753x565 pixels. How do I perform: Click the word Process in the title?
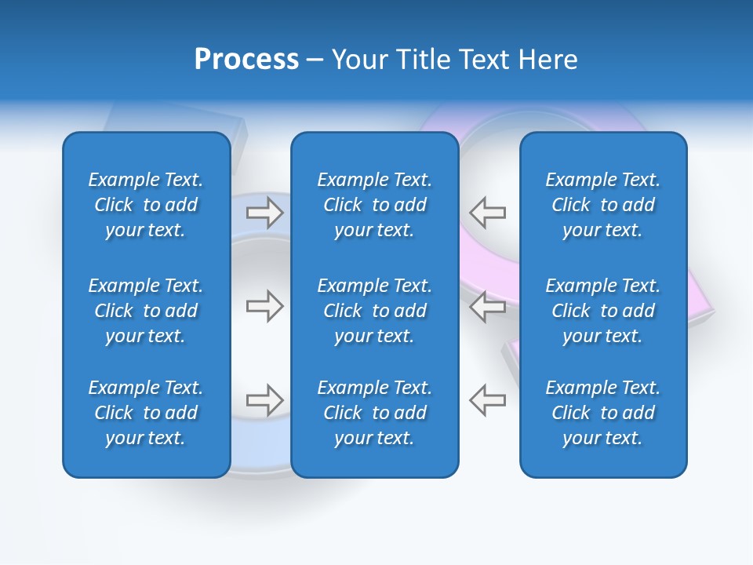pyautogui.click(x=246, y=60)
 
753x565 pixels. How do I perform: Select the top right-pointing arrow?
pyautogui.click(x=264, y=213)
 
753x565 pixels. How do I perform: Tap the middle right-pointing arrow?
pyautogui.click(x=264, y=306)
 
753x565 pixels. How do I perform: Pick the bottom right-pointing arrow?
pyautogui.click(x=264, y=400)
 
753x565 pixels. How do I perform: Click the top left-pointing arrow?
pyautogui.click(x=487, y=213)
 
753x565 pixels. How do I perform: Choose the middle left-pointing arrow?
pyautogui.click(x=487, y=306)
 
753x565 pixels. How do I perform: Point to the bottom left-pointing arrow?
pyautogui.click(x=487, y=400)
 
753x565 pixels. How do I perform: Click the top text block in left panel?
pyautogui.click(x=146, y=205)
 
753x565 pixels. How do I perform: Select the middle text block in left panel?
pyautogui.click(x=146, y=311)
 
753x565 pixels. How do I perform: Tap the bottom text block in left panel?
pyautogui.click(x=146, y=413)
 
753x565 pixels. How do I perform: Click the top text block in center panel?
pyautogui.click(x=375, y=205)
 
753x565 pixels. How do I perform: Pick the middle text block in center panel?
pyautogui.click(x=375, y=311)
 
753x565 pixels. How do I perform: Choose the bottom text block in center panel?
pyautogui.click(x=375, y=413)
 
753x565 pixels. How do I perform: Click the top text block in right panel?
pyautogui.click(x=603, y=205)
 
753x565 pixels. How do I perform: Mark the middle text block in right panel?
pyautogui.click(x=603, y=311)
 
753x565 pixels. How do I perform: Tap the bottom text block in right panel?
pyautogui.click(x=603, y=413)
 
